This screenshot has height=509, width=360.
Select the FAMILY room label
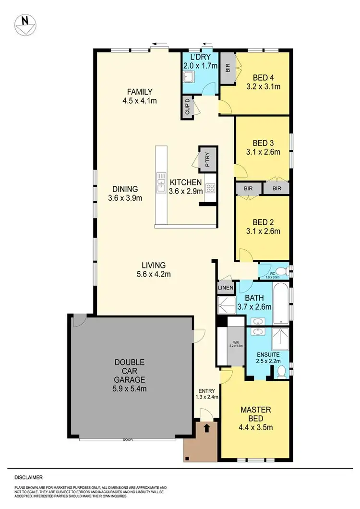[140, 92]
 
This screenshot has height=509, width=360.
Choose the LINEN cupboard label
[225, 288]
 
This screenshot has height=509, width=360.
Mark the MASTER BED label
[256, 414]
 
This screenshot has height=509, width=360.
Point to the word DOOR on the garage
[127, 439]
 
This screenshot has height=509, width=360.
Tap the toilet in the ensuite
[282, 371]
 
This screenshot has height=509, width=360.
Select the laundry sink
[189, 77]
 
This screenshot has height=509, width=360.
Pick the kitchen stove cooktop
[210, 188]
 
